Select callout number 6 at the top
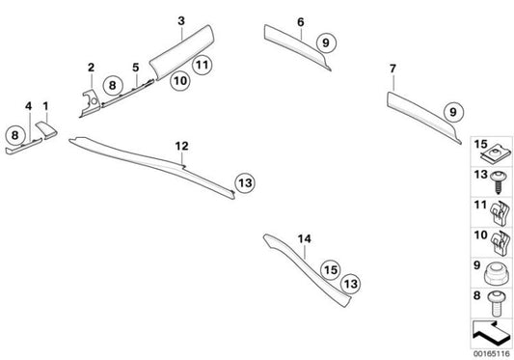(300, 20)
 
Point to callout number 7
(392, 69)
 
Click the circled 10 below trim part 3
(179, 83)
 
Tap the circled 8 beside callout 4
(14, 135)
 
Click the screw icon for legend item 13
(500, 180)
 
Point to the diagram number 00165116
(493, 352)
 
